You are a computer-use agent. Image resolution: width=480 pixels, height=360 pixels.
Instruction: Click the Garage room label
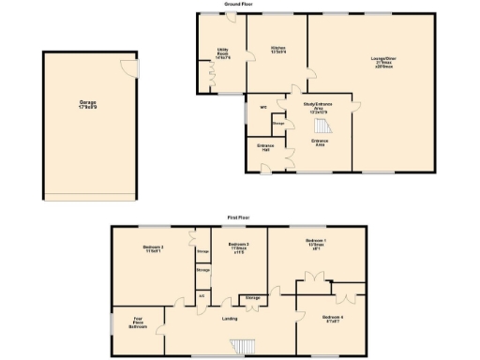tap(89, 103)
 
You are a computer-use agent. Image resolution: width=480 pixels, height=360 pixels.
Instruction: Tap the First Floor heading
tap(238, 217)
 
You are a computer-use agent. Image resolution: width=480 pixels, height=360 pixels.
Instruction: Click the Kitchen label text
tap(278, 50)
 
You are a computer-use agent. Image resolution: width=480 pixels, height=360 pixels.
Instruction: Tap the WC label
tap(262, 107)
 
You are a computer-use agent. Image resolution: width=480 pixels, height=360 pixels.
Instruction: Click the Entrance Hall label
tap(265, 148)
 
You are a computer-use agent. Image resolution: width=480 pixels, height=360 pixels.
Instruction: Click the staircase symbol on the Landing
tap(244, 346)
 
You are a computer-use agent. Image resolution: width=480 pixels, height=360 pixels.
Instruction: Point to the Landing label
tap(230, 319)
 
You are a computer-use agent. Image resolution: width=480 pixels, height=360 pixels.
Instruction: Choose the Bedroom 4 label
tap(333, 319)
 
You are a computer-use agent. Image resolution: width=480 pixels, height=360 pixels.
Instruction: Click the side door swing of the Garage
tap(127, 65)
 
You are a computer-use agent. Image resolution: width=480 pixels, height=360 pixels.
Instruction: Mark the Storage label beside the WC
tap(278, 124)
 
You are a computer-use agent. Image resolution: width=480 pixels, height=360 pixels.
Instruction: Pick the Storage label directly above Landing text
tap(252, 298)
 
